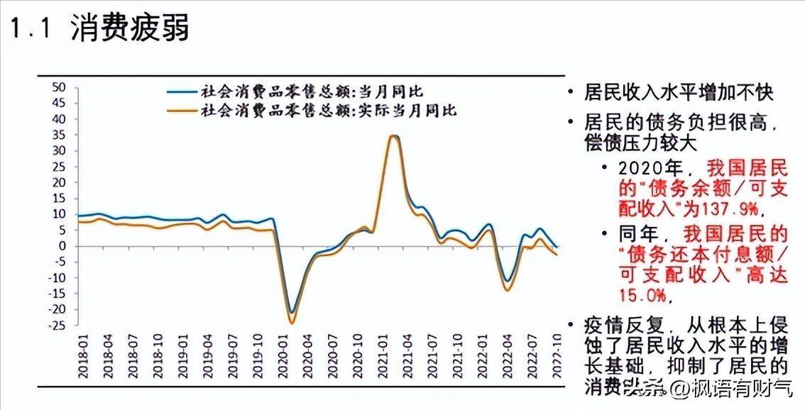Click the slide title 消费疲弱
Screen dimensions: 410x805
(130, 30)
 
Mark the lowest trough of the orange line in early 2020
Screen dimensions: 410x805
(291, 323)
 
